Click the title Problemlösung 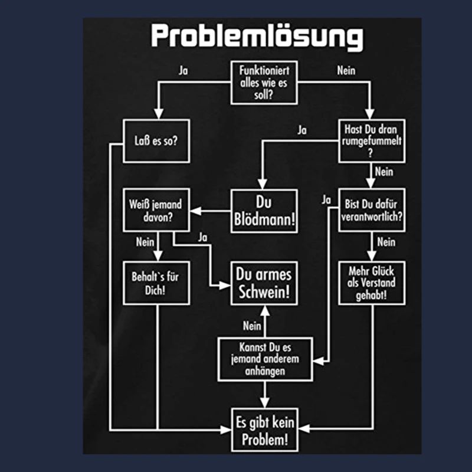(257, 37)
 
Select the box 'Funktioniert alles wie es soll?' (264, 83)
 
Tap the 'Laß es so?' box (156, 141)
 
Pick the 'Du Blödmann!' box (264, 211)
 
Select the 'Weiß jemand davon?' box (156, 210)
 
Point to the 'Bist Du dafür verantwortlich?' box (372, 210)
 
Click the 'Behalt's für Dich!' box (156, 283)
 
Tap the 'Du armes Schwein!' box (264, 283)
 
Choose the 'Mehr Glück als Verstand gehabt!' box (372, 283)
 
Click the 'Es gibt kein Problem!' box (264, 430)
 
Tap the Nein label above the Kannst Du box (252, 325)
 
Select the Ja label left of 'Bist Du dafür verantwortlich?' (326, 200)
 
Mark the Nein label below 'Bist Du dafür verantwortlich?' (385, 241)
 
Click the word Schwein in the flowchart (264, 292)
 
